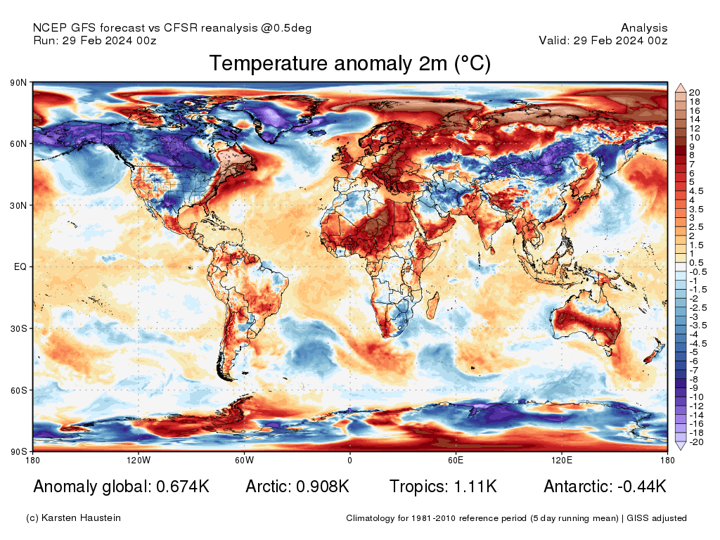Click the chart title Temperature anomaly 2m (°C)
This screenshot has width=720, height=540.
point(349,64)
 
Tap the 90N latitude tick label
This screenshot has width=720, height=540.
point(18,83)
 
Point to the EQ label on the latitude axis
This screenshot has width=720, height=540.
point(20,267)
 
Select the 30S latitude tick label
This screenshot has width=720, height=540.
point(18,328)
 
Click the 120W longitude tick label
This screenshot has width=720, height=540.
point(139,461)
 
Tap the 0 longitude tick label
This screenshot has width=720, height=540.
point(349,461)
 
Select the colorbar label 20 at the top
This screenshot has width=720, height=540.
point(695,93)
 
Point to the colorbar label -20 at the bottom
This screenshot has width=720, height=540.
point(696,442)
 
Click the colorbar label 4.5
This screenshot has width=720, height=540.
point(696,191)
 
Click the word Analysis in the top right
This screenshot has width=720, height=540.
point(644,28)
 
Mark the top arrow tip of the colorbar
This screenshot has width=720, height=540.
point(681,84)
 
